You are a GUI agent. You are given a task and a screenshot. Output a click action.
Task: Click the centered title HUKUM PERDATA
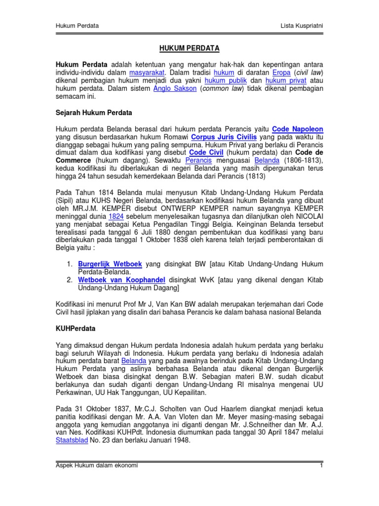click(189, 48)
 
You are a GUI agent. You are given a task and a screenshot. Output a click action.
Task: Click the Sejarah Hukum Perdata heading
click(94, 113)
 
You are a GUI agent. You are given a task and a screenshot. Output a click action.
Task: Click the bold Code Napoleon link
click(298, 129)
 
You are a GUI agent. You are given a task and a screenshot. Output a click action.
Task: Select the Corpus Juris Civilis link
click(224, 137)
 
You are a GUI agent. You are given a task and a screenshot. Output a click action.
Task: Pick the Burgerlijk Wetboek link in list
click(110, 264)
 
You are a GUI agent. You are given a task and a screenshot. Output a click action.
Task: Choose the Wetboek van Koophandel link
click(121, 280)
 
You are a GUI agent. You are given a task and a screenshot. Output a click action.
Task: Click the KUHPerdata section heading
click(76, 328)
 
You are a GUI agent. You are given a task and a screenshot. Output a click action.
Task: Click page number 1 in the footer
click(321, 465)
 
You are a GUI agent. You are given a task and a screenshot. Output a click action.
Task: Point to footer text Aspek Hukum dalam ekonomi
click(96, 465)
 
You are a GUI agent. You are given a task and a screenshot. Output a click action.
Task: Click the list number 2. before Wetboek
click(70, 280)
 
